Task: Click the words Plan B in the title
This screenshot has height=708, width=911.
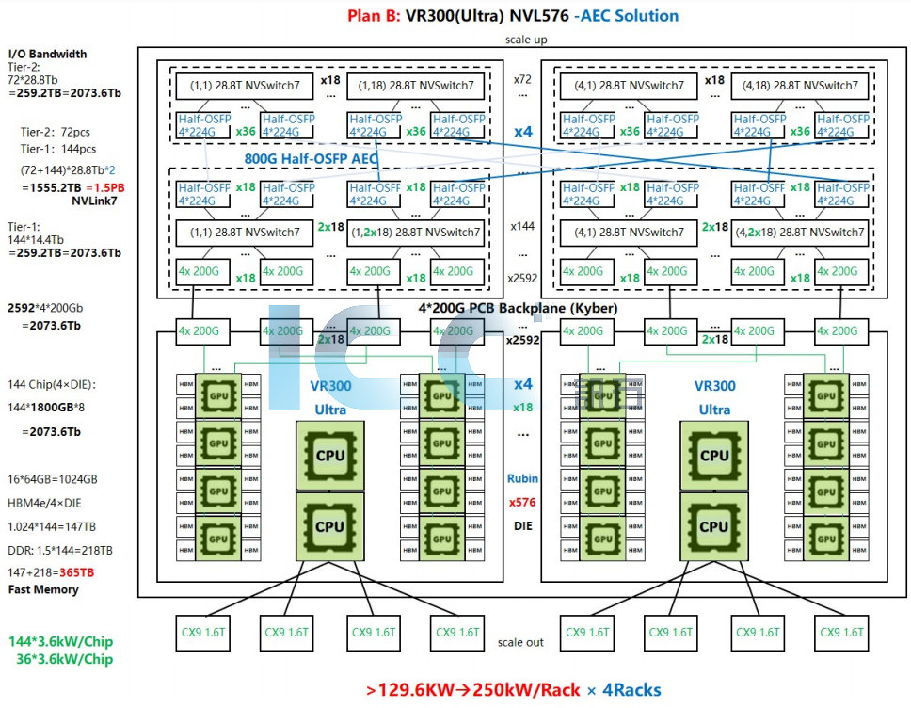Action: [375, 16]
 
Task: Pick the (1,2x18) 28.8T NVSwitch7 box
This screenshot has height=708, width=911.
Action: [416, 233]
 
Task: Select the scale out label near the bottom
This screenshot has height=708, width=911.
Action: [520, 642]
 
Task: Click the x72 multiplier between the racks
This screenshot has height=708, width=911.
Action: [522, 81]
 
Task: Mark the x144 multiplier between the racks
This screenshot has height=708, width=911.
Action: [522, 227]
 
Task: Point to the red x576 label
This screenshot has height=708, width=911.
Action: [522, 502]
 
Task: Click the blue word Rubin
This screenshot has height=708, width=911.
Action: [522, 478]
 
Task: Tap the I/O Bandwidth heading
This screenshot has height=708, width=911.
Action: [47, 55]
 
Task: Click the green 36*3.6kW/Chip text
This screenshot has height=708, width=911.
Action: [65, 659]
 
